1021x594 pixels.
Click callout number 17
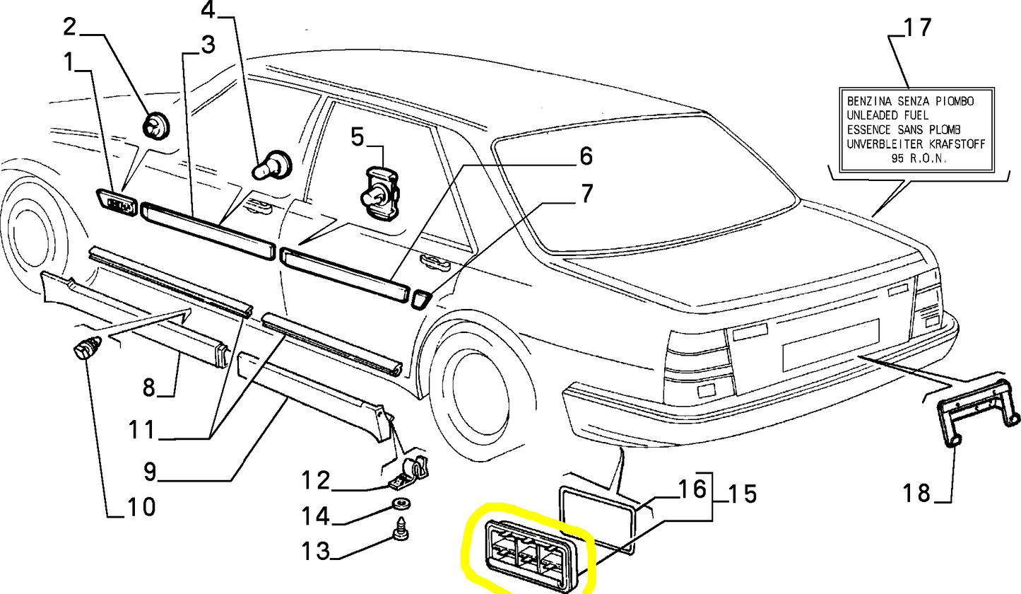tap(917, 28)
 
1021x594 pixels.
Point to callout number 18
tap(917, 492)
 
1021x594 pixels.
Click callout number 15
tap(740, 493)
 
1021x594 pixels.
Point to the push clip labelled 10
tap(88, 349)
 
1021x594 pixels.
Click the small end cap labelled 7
tap(418, 299)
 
